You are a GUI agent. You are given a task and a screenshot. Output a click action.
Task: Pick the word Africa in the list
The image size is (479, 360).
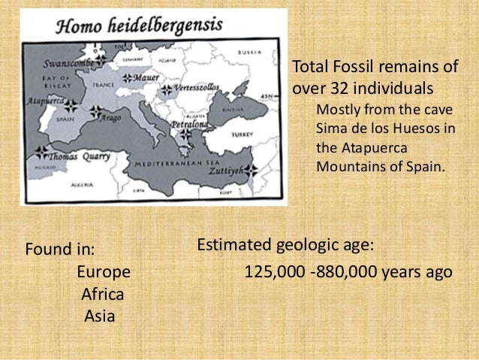pos(103,293)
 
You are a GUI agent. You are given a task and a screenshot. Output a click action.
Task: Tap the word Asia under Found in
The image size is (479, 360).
pos(100,316)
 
